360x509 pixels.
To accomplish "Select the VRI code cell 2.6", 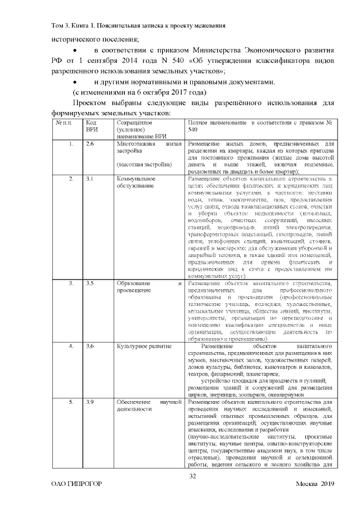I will coord(90,145).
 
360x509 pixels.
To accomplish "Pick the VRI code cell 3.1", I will coord(90,179).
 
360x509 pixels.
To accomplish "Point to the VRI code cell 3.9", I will coord(90,388).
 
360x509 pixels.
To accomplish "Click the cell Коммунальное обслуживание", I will coord(136,182).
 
